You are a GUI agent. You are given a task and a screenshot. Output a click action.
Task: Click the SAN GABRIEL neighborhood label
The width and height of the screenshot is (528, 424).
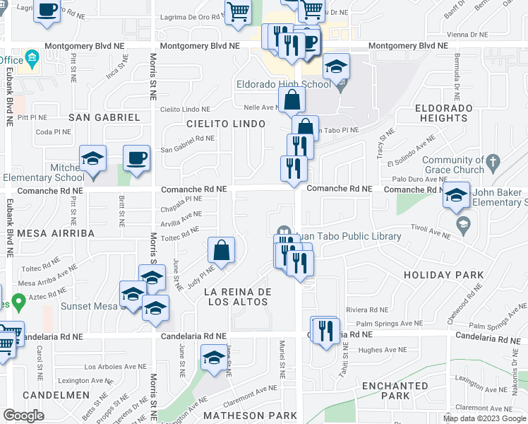point(104,117)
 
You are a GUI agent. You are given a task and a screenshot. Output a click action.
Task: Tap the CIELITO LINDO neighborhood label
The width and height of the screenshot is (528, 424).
point(226,124)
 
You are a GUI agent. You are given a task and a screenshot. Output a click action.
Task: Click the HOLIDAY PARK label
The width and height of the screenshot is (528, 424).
point(444,275)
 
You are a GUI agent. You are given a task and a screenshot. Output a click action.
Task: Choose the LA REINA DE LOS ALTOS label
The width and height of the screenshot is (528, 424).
point(236,297)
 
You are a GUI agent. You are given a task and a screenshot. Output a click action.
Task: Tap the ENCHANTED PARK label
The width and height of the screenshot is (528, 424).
point(395,391)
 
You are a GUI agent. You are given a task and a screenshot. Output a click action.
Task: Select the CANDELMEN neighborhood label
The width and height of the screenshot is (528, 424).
point(56,395)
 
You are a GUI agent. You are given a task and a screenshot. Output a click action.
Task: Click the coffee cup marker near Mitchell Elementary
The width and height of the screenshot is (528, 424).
point(136,158)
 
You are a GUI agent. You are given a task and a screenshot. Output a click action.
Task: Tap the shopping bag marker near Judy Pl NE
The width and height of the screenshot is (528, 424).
point(222,250)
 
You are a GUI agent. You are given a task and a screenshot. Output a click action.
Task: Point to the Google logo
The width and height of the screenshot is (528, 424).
point(24,416)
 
